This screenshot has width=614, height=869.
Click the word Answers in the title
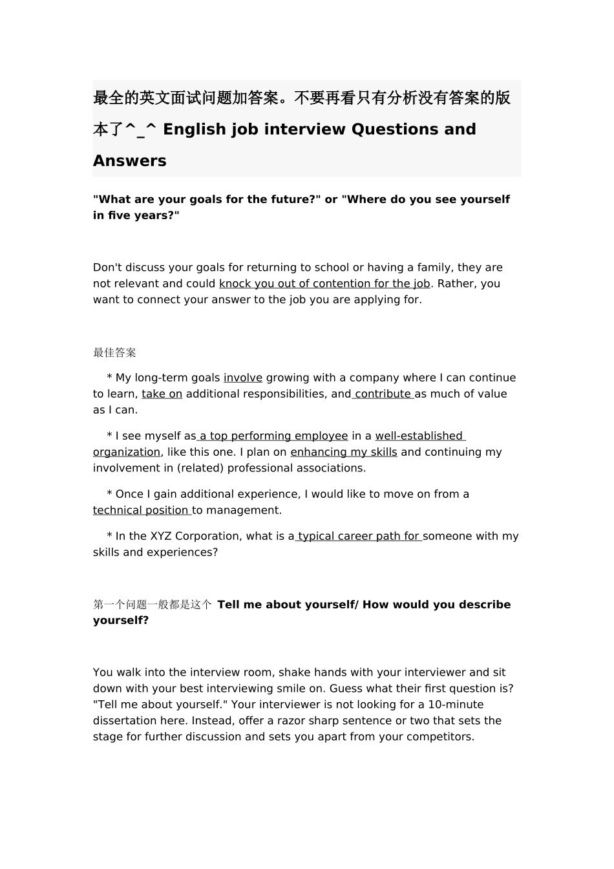coord(130,161)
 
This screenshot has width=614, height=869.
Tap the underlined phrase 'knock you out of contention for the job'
coord(324,284)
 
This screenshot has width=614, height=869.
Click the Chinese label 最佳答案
coord(114,353)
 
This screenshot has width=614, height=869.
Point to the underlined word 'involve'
coord(243,378)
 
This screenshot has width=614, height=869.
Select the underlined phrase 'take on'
coord(162,394)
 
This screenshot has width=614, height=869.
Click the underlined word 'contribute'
coord(383,394)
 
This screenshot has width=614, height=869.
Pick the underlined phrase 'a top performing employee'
coord(273,436)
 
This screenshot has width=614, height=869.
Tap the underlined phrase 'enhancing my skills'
coord(344,453)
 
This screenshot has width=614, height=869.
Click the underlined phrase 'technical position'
coord(141,511)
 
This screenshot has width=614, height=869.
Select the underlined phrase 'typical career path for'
coord(359,537)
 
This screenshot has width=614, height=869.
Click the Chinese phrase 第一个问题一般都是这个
coord(153,605)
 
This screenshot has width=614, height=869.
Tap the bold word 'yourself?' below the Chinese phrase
coord(121,621)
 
